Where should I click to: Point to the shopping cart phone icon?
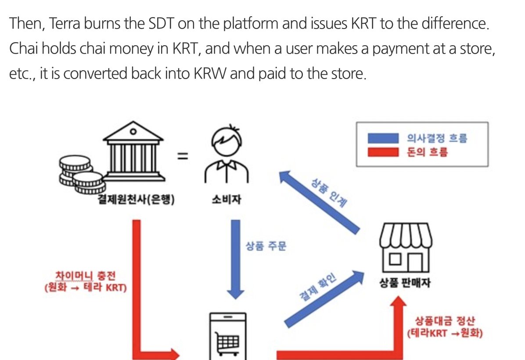pyautogui.click(x=227, y=336)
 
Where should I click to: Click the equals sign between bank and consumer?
pyautogui.click(x=183, y=157)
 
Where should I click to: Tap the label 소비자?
pyautogui.click(x=226, y=201)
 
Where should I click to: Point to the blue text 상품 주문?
pyautogui.click(x=266, y=245)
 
